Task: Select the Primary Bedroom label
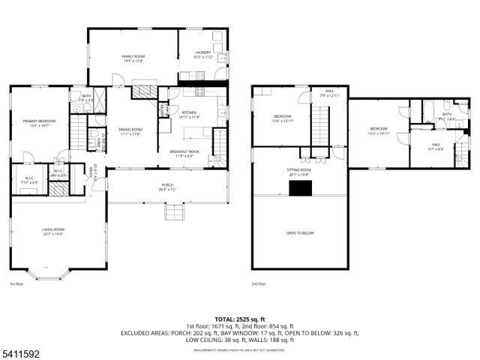coord(39,123)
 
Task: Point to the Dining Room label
coord(130,132)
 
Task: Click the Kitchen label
coord(188,115)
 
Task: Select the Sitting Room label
coord(298,172)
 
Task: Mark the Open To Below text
coord(300,233)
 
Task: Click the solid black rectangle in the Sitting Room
coord(301,188)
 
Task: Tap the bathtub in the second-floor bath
coord(433,111)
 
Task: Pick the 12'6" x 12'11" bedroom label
coord(282,118)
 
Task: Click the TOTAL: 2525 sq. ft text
coord(240,319)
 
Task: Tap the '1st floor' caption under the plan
coord(16,284)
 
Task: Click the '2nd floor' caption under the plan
coord(259,284)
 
